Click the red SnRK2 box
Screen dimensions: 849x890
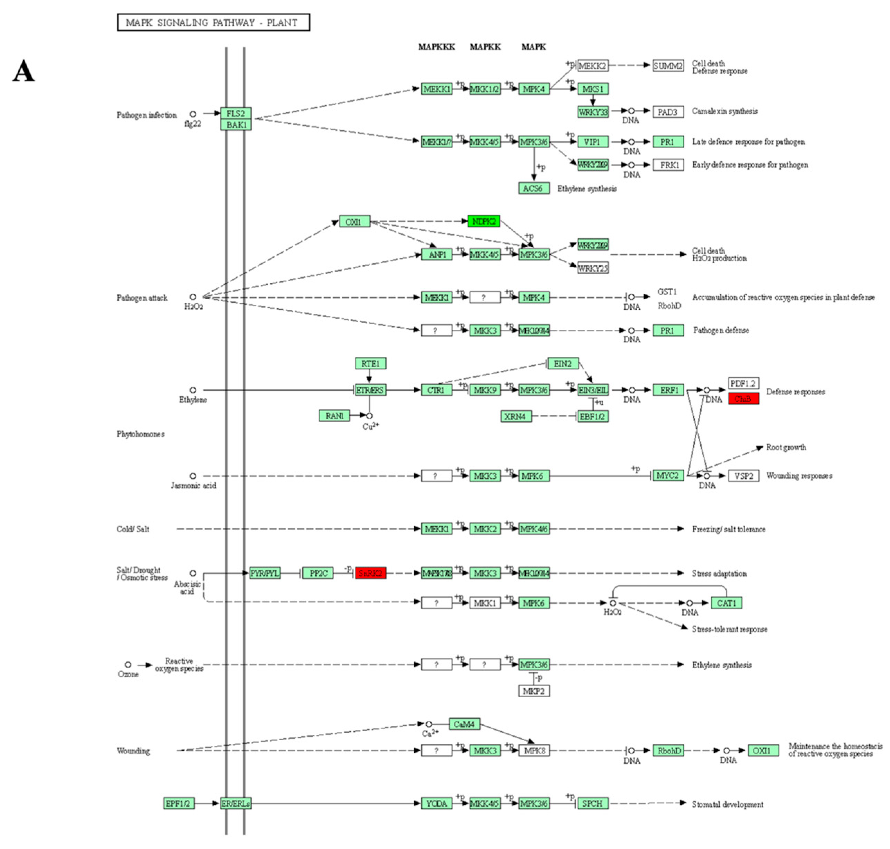click(x=370, y=573)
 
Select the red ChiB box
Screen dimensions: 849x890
click(x=743, y=399)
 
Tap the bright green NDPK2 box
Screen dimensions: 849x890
click(x=484, y=221)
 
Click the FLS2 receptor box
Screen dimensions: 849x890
click(x=236, y=113)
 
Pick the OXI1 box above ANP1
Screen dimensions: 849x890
click(x=354, y=221)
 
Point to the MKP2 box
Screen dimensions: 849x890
click(x=534, y=691)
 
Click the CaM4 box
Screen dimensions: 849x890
click(x=464, y=724)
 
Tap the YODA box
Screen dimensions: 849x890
click(x=437, y=803)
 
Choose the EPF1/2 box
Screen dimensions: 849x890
click(x=179, y=803)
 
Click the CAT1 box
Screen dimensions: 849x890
click(x=726, y=603)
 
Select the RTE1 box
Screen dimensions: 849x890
click(x=370, y=363)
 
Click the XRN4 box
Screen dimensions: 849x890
click(x=515, y=416)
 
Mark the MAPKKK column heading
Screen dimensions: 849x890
click(x=437, y=47)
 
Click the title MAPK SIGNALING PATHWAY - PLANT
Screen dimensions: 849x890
click(x=213, y=22)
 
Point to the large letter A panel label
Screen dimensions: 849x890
click(x=24, y=71)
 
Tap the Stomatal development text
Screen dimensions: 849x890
click(x=727, y=804)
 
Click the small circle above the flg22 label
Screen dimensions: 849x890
click(x=193, y=114)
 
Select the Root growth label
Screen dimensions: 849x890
click(x=785, y=447)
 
